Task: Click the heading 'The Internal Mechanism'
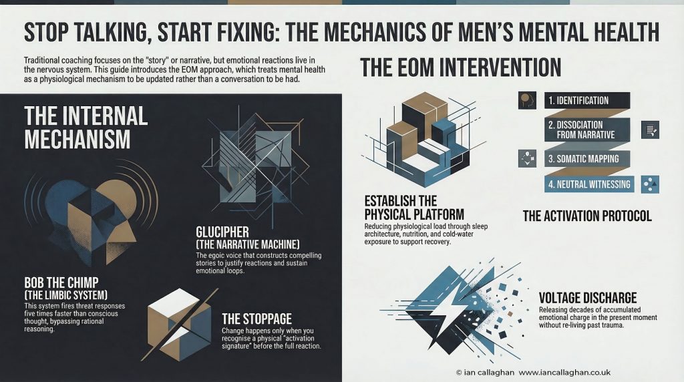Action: (85, 127)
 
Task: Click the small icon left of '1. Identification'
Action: (528, 101)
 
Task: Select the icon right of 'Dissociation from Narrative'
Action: (649, 130)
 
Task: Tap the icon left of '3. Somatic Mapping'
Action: (528, 159)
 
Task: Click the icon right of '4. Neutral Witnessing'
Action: (649, 184)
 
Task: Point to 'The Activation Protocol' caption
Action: (587, 216)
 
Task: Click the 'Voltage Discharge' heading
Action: (587, 298)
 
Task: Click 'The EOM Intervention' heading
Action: (460, 67)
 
